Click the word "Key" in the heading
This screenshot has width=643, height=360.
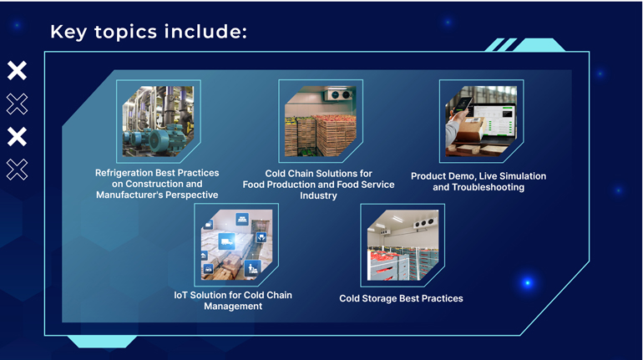click(x=68, y=32)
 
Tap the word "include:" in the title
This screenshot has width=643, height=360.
click(x=205, y=31)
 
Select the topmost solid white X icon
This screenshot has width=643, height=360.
click(x=17, y=70)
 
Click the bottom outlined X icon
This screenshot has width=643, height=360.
click(x=17, y=170)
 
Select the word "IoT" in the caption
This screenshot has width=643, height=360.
click(x=181, y=295)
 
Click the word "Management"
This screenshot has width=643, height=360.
click(x=233, y=307)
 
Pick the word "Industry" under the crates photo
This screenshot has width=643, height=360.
click(x=318, y=195)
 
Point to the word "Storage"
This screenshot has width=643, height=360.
click(x=380, y=298)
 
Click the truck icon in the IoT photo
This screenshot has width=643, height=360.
click(x=226, y=241)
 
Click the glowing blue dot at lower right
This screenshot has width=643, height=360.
click(x=528, y=282)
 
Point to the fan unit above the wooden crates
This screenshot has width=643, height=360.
click(x=338, y=95)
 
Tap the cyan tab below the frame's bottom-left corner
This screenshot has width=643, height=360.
click(x=102, y=341)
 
